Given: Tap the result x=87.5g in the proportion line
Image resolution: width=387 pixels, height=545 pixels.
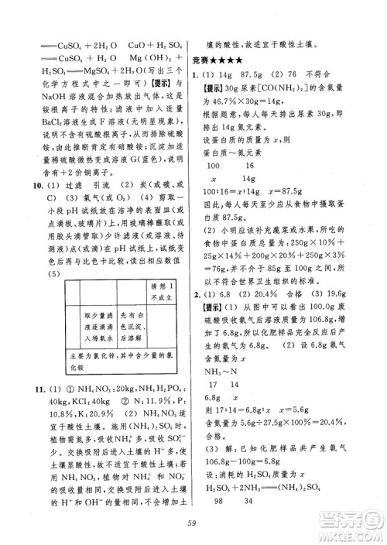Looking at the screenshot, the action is coord(286,192).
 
